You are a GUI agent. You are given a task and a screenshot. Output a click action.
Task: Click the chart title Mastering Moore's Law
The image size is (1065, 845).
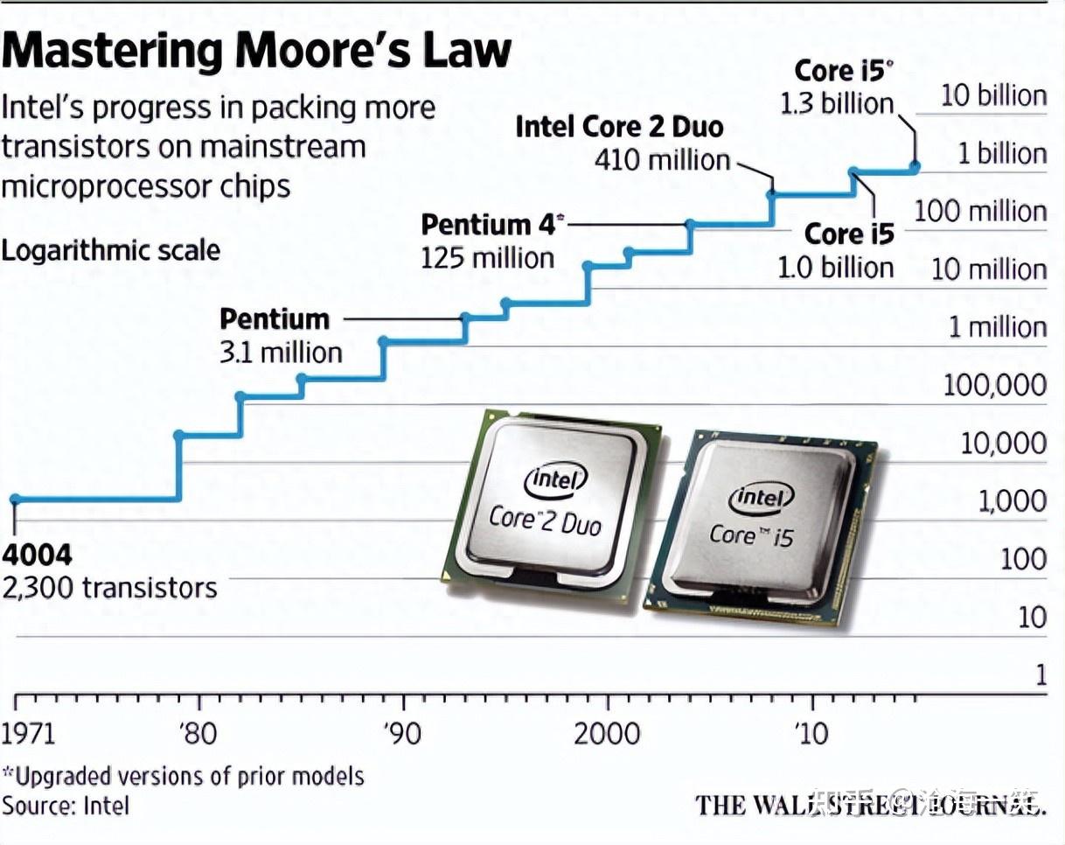[x=255, y=50]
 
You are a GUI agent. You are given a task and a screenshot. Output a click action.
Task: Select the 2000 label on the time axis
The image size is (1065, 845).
[x=606, y=733]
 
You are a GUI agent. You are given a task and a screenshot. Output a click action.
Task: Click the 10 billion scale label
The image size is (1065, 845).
[x=993, y=96]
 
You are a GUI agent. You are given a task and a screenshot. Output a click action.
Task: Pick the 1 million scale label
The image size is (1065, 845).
[x=998, y=327]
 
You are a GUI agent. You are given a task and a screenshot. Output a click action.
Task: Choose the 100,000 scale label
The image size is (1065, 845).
[x=994, y=385]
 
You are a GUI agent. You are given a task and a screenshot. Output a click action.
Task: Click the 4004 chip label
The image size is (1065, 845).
[x=37, y=555]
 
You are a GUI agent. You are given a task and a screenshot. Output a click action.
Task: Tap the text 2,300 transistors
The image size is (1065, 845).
[x=109, y=587]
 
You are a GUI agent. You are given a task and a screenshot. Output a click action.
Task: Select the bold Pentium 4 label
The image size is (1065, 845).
[x=489, y=225]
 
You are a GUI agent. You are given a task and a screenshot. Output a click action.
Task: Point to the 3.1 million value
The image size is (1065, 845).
[x=281, y=353]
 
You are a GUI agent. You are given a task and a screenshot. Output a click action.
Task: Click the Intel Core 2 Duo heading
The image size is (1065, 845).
[x=619, y=127]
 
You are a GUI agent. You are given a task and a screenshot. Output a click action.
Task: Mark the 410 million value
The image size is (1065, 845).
[x=662, y=160]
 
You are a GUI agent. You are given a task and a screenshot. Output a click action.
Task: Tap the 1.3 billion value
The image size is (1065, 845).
[x=837, y=104]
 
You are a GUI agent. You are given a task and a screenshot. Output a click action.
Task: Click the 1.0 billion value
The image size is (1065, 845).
[x=836, y=267]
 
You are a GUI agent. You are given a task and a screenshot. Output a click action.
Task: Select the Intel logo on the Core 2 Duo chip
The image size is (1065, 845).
[x=555, y=479]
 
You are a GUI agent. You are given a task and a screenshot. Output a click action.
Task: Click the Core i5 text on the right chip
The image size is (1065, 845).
[x=751, y=534]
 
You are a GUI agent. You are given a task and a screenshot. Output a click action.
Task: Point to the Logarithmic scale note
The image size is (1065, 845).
[x=111, y=250]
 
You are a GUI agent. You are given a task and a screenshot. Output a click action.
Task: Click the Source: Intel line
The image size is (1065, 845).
[x=66, y=805]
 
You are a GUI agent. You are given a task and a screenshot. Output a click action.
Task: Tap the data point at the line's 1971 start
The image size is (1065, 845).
[x=14, y=499]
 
